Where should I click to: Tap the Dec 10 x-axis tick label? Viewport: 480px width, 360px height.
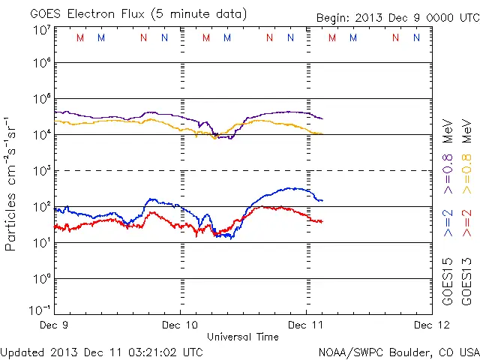tap(180, 325)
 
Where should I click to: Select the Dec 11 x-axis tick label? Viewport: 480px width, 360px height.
tap(307, 325)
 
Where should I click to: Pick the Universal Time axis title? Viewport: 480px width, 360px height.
tap(243, 337)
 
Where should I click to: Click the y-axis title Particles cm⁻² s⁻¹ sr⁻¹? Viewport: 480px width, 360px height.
tap(13, 183)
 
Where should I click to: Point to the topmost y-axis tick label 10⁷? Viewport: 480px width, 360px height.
tap(40, 30)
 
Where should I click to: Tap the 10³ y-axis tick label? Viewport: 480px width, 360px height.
tap(40, 170)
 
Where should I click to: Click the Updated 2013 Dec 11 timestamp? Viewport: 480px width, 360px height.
tap(102, 352)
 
